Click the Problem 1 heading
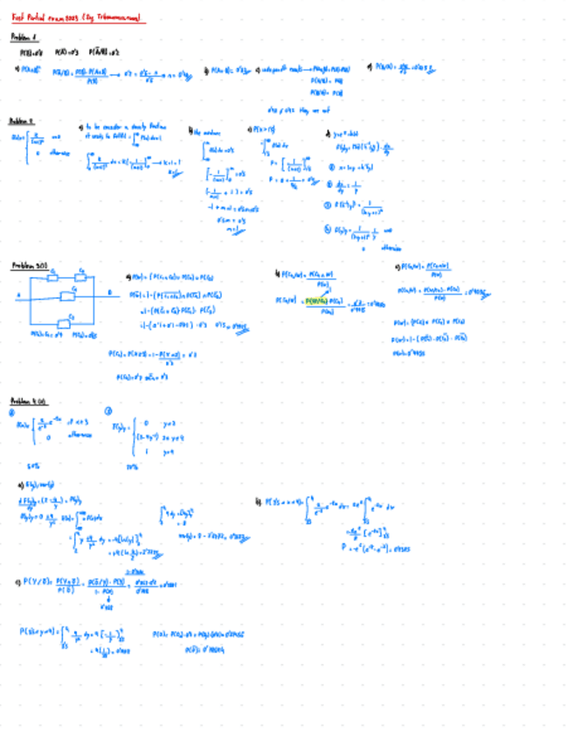(x=24, y=37)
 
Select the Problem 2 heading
(x=22, y=121)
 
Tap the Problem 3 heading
(x=28, y=264)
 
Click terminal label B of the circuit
(x=108, y=293)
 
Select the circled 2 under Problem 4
(x=108, y=412)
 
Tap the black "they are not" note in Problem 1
(x=286, y=108)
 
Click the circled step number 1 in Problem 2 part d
(x=329, y=166)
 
